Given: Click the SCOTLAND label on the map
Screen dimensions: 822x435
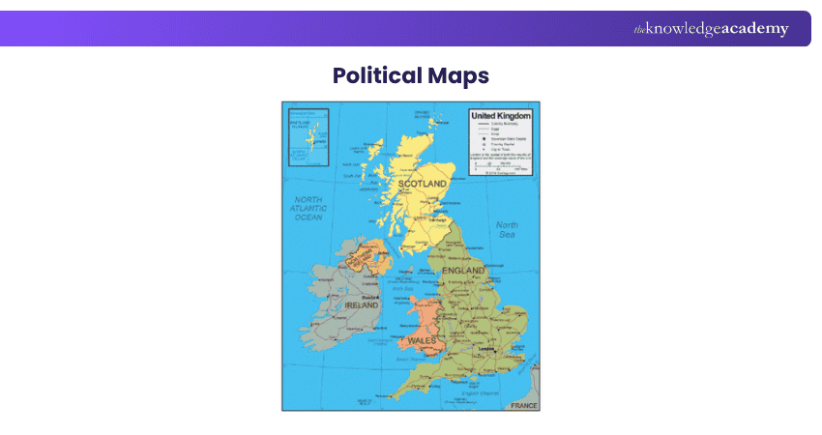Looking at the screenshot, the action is pyautogui.click(x=423, y=183).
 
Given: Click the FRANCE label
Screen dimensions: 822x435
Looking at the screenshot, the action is pyautogui.click(x=523, y=405).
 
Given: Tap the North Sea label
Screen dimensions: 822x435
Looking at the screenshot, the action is pyautogui.click(x=507, y=230).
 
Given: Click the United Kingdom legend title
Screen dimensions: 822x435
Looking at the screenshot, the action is pyautogui.click(x=501, y=115).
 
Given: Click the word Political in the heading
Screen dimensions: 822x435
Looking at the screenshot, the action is pyautogui.click(x=376, y=75).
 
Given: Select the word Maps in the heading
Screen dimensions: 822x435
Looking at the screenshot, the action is pyautogui.click(x=457, y=75).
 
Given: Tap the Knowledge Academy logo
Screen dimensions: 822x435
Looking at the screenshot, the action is pyautogui.click(x=711, y=29).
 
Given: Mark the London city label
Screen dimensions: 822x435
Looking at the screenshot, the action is pyautogui.click(x=499, y=348).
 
